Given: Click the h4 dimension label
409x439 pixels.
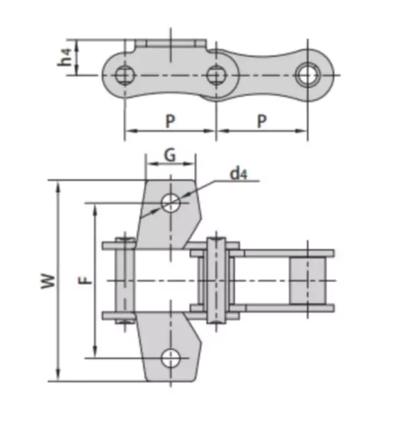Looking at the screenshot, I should coord(65,57).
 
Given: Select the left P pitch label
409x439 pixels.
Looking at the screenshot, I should coord(171,121).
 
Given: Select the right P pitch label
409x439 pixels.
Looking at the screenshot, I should coord(262,121).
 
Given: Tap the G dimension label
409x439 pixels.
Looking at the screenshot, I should coord(170,155).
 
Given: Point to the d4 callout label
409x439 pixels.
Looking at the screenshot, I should coord(239,174).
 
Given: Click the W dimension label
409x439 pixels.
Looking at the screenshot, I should coord(49,280).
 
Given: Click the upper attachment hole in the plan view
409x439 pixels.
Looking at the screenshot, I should coord(171,202).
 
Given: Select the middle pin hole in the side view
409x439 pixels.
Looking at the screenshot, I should coord(216,74).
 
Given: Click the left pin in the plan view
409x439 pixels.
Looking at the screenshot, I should coord(126,280).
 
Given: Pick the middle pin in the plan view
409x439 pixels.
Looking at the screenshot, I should coord(216,280).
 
